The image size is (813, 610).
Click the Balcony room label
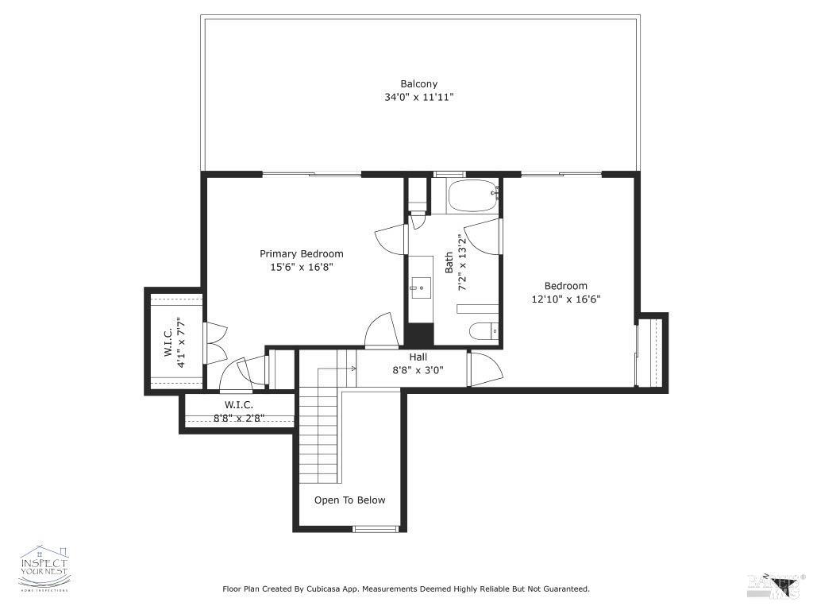[x=418, y=83]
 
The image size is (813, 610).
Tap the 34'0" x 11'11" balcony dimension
[x=418, y=97]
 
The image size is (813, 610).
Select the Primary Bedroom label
[x=302, y=254]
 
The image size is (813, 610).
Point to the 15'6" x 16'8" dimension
[x=302, y=268]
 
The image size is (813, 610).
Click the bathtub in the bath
[x=472, y=196]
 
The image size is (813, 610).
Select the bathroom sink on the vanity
[x=418, y=287]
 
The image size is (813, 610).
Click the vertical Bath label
[x=449, y=263]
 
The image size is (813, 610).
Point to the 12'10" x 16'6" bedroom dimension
[x=566, y=299]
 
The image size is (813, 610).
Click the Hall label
[x=418, y=357]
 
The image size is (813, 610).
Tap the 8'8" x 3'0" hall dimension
[x=418, y=370]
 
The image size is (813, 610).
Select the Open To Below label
[x=350, y=500]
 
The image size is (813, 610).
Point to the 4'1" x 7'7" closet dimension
[x=182, y=342]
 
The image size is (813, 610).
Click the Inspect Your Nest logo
[x=44, y=568]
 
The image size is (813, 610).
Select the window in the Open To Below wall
[x=376, y=529]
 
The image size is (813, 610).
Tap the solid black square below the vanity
[x=420, y=334]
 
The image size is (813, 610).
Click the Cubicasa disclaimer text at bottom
[x=406, y=589]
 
